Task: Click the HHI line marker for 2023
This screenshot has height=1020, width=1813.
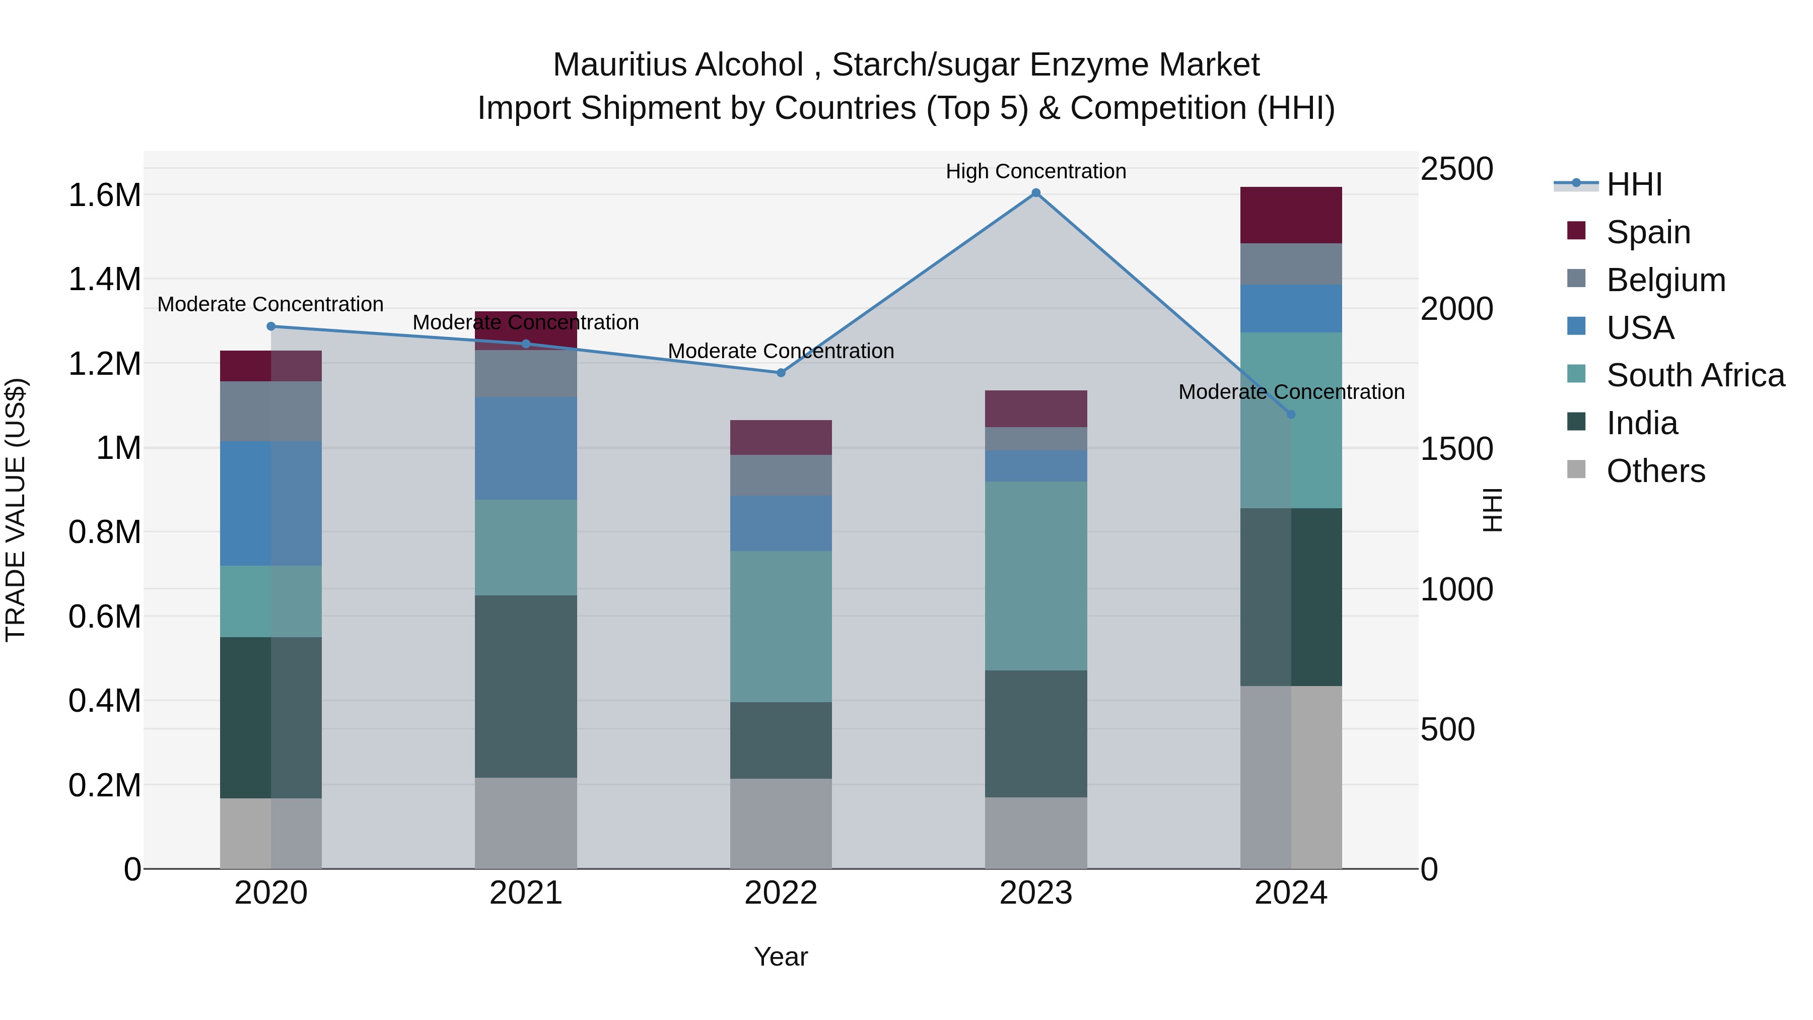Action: pos(1035,193)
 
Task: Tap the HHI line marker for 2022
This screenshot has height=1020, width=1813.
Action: pos(781,372)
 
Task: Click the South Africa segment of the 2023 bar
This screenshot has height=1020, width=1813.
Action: pos(1035,575)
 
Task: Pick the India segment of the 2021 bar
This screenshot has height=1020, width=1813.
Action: pos(526,687)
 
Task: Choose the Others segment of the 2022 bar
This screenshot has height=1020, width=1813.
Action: pos(781,823)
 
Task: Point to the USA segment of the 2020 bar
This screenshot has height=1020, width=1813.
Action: pos(271,503)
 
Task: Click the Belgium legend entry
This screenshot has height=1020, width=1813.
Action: pos(1665,280)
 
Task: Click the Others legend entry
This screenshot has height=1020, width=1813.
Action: pos(1655,470)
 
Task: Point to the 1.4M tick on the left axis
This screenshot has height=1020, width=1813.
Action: pos(104,279)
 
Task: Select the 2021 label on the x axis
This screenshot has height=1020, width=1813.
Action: pos(526,893)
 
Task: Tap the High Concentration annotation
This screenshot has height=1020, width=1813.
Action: pos(1035,171)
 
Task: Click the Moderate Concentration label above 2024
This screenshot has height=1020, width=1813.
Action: pos(1291,391)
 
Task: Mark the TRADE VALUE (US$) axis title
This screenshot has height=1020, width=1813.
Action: pos(16,510)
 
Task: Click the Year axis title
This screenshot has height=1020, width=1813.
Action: pos(781,957)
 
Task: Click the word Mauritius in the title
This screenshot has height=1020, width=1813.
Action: pos(607,65)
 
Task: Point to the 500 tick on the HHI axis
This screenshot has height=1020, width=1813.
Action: pos(1447,729)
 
